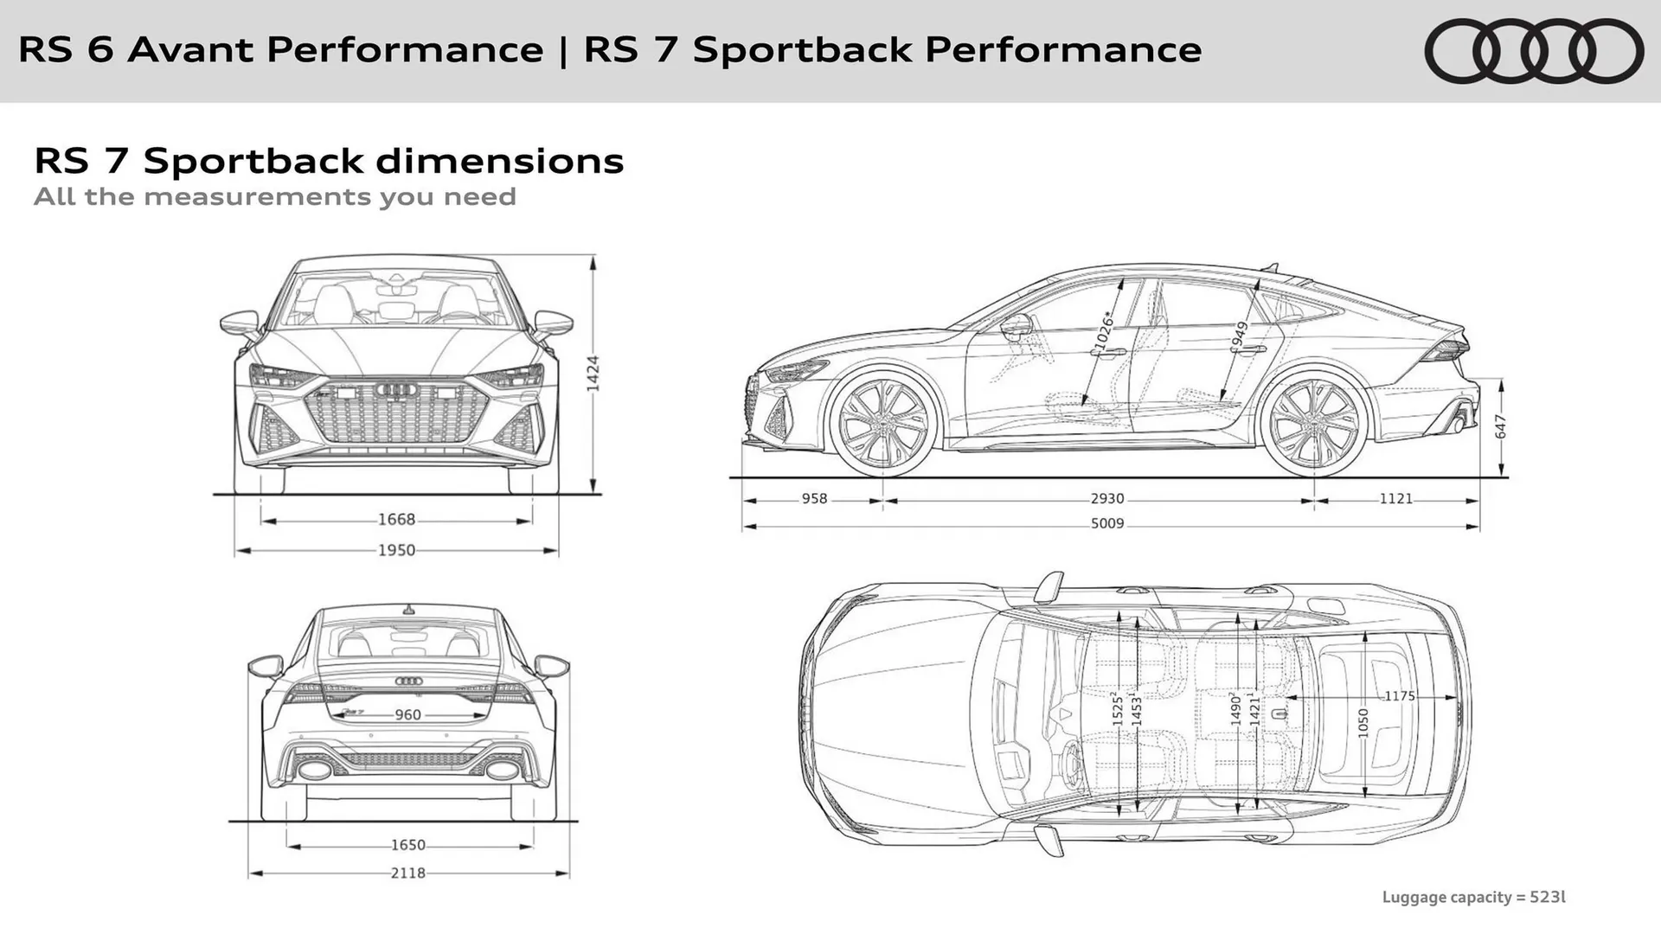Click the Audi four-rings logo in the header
pyautogui.click(x=1534, y=51)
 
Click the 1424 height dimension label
pyautogui.click(x=593, y=374)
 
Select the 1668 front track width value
pyautogui.click(x=396, y=520)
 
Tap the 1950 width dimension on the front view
pyautogui.click(x=396, y=550)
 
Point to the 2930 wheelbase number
pyautogui.click(x=1106, y=499)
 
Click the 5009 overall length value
pyautogui.click(x=1106, y=523)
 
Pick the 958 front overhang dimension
pyautogui.click(x=814, y=499)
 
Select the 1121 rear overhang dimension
pyautogui.click(x=1395, y=499)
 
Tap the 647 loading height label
pyautogui.click(x=1501, y=426)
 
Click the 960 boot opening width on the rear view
pyautogui.click(x=407, y=715)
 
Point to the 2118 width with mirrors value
pyautogui.click(x=407, y=873)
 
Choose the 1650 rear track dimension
pyautogui.click(x=407, y=845)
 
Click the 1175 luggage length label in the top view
pyautogui.click(x=1399, y=696)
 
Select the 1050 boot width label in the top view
pyautogui.click(x=1363, y=721)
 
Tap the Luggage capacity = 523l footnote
pyautogui.click(x=1473, y=897)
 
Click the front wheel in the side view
pyautogui.click(x=883, y=424)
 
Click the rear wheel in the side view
pyautogui.click(x=1313, y=424)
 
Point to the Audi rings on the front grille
pyautogui.click(x=397, y=390)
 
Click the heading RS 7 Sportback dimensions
pyautogui.click(x=329, y=161)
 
